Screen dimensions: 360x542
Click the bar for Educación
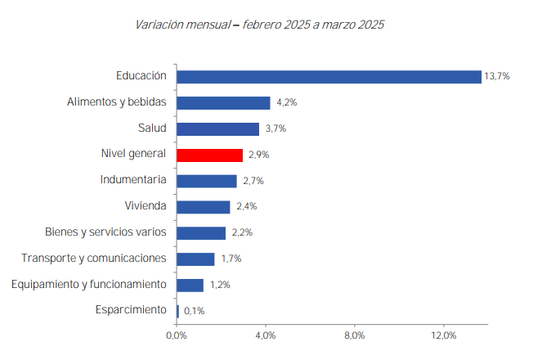[329, 76]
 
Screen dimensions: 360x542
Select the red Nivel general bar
[210, 155]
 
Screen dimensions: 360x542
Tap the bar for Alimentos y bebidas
[223, 103]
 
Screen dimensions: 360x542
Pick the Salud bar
[217, 128]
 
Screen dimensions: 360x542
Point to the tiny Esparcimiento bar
[178, 311]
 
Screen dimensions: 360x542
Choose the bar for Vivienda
[204, 207]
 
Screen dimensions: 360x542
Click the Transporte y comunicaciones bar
[195, 259]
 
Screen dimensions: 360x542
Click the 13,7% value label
[497, 76]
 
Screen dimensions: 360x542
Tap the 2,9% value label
[259, 155]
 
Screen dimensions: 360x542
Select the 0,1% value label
[195, 311]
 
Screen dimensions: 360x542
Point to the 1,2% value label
[219, 285]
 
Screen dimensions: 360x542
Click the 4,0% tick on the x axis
[266, 335]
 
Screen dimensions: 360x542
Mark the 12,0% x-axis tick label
[444, 335]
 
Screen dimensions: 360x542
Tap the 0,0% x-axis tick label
[177, 335]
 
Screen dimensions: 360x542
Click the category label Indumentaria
[133, 180]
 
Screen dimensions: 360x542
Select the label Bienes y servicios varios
[105, 232]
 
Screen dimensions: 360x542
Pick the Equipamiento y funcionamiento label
[89, 284]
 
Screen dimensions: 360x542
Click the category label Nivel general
[133, 154]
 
